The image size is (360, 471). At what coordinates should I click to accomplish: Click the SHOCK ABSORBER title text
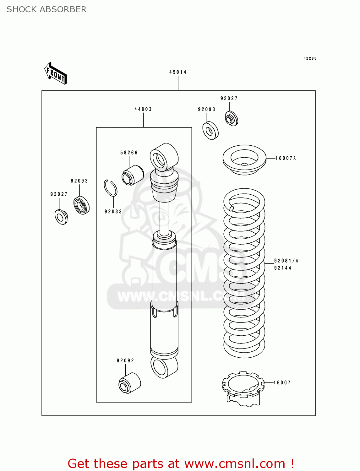coord(46,9)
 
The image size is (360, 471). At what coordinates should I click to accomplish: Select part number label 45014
coord(178,72)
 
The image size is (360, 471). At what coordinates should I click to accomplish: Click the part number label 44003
coord(143,109)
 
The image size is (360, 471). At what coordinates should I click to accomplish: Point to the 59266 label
coord(129,153)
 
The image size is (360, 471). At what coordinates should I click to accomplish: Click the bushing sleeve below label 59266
coord(133,175)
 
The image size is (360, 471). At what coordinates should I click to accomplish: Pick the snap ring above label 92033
coord(111,188)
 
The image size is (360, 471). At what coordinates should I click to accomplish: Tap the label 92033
coord(113,212)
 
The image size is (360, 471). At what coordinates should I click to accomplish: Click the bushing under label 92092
coord(129,383)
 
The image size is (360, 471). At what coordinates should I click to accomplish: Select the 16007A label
coord(286,158)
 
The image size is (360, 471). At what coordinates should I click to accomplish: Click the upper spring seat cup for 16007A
coord(244,159)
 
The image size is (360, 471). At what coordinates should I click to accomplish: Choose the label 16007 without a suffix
coord(282,382)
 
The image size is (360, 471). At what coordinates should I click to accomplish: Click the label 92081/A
coord(286,261)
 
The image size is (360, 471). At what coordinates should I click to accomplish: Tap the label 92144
coord(283,268)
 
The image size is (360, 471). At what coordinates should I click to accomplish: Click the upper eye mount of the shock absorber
coord(163,157)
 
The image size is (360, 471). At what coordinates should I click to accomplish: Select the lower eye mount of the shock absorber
coord(164,367)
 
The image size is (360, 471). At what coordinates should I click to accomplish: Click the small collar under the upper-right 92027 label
coord(232,119)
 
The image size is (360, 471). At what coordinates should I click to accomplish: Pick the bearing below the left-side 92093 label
coord(81,205)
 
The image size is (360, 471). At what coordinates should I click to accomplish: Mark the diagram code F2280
coord(310,58)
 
